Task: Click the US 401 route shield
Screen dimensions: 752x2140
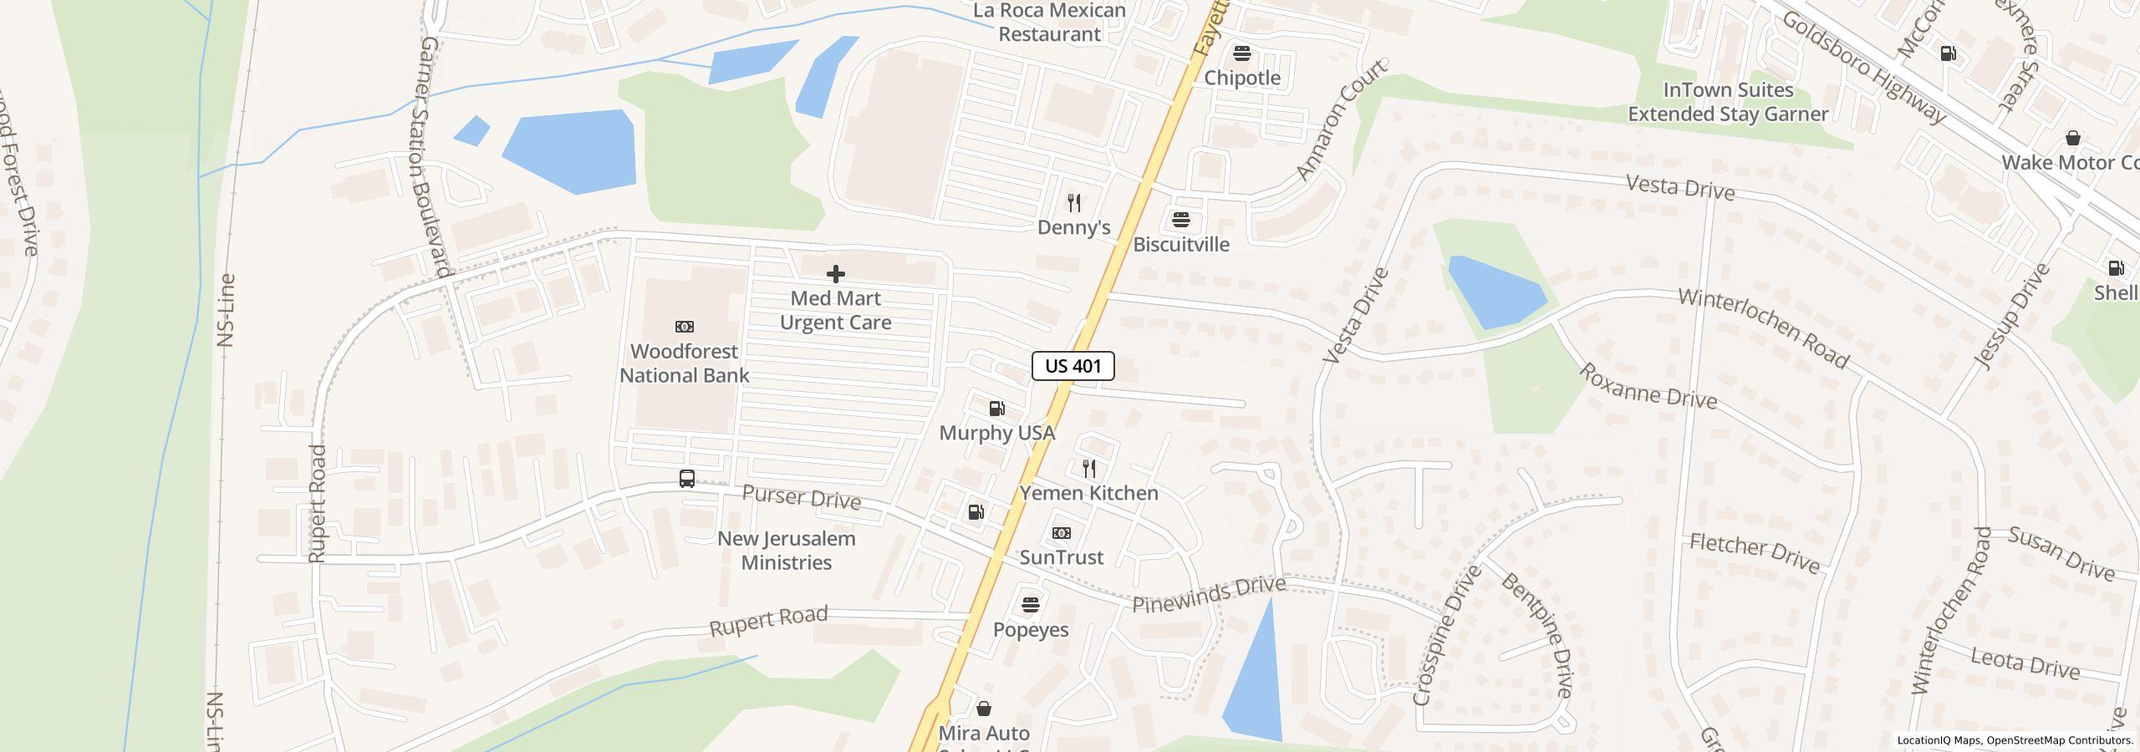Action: coord(1073,366)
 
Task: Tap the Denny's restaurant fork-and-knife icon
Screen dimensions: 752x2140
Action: coord(1074,202)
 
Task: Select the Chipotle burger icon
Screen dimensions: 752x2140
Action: coord(1241,53)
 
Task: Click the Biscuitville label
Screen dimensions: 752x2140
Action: coord(1180,244)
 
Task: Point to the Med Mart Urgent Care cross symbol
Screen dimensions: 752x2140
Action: coord(835,274)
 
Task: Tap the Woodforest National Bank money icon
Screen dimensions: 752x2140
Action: coord(684,327)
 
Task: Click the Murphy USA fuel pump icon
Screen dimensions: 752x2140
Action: coord(996,409)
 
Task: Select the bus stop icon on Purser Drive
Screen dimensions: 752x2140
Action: coord(686,479)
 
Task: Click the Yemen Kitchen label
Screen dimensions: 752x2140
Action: coord(1088,493)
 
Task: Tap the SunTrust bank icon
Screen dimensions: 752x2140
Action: coord(1061,533)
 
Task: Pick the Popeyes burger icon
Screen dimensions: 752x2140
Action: coord(1030,605)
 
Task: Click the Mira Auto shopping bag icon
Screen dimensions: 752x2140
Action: coord(984,709)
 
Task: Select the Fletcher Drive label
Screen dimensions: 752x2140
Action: coord(1755,554)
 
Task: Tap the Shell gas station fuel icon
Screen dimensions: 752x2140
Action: coord(2116,268)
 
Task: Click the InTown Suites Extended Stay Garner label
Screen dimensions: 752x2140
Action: coord(1728,102)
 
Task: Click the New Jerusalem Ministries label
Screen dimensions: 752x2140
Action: coord(786,550)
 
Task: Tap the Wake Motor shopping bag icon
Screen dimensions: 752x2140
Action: coord(2072,138)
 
